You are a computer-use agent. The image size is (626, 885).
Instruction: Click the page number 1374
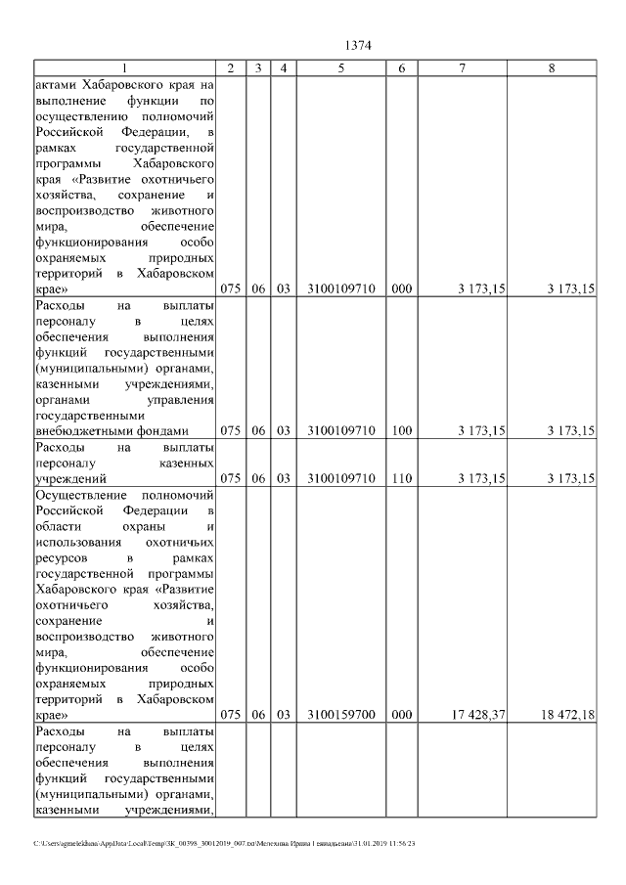point(359,45)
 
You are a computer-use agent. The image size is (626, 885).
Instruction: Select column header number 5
point(341,67)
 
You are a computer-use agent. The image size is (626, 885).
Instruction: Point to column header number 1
point(124,67)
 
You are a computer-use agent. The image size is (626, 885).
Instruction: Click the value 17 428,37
point(472,716)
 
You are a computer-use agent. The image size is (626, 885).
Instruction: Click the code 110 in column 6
point(401,478)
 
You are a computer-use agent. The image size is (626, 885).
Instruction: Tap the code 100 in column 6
point(401,430)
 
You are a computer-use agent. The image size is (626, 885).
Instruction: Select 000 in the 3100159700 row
point(401,716)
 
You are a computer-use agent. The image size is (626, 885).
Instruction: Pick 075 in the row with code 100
point(230,430)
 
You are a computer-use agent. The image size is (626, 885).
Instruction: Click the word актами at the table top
point(55,84)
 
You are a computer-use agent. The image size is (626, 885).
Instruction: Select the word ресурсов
point(61,557)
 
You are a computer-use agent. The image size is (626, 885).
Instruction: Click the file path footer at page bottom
point(224,843)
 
